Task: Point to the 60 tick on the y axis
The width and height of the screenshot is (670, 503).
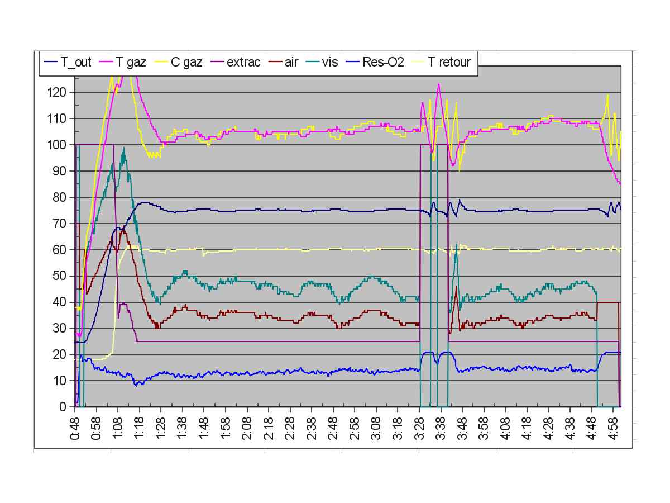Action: pos(61,250)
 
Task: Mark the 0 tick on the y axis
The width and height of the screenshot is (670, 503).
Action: pos(64,407)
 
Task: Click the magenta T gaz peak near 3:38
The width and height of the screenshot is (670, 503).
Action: pos(439,84)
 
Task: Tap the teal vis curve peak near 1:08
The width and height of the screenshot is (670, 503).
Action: pos(123,148)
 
